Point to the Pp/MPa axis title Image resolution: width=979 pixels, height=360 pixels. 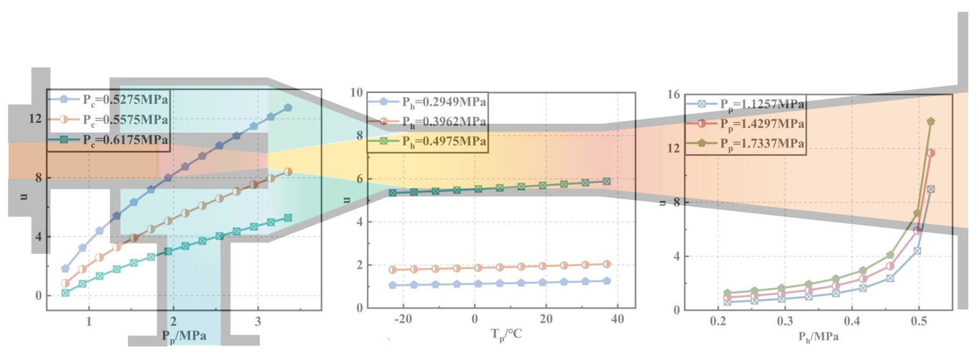[184, 336]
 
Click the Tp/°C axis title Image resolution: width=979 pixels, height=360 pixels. [506, 334]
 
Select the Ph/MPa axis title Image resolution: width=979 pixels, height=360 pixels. [818, 337]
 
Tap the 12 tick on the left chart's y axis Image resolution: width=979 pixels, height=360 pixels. [35, 119]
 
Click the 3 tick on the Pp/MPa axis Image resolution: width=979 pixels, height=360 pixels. [258, 322]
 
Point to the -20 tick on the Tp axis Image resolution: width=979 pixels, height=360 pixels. [403, 319]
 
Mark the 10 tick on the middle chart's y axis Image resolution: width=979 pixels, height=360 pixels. [357, 93]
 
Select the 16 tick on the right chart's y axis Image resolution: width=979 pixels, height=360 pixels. [673, 95]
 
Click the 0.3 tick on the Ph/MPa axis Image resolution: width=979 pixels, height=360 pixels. [784, 321]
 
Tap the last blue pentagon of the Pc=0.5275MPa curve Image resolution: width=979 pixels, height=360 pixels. [288, 107]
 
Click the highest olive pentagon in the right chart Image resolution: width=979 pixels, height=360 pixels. [931, 121]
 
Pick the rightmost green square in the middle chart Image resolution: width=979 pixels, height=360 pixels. [606, 181]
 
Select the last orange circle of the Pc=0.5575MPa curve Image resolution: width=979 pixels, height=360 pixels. [288, 172]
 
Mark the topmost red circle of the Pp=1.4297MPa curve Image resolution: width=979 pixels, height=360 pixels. [931, 153]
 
